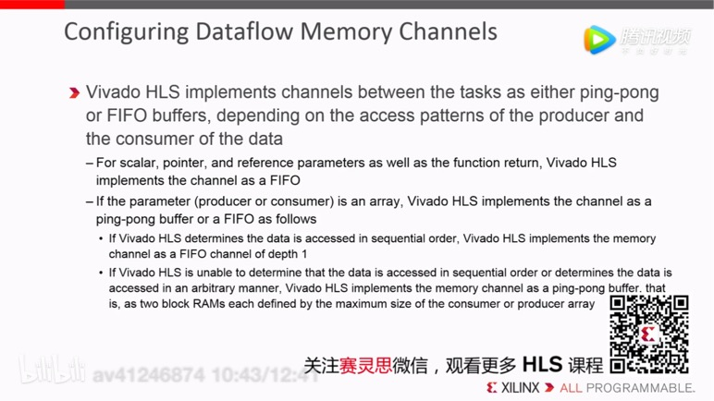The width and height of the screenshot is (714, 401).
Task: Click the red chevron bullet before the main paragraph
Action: [74, 93]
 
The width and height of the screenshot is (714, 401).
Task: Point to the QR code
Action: [649, 334]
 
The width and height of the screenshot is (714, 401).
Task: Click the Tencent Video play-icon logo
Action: [599, 39]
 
